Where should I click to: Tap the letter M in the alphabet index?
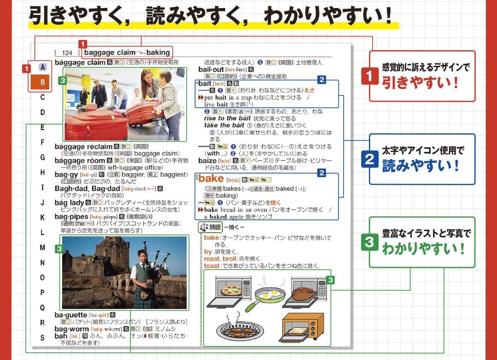pos(42,248)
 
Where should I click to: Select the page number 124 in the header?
pos(67,53)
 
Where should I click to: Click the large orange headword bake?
pos(211,179)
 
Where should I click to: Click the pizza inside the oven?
pos(231,289)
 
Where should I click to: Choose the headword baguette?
pos(71,315)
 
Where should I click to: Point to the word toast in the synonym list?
pos(211,266)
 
